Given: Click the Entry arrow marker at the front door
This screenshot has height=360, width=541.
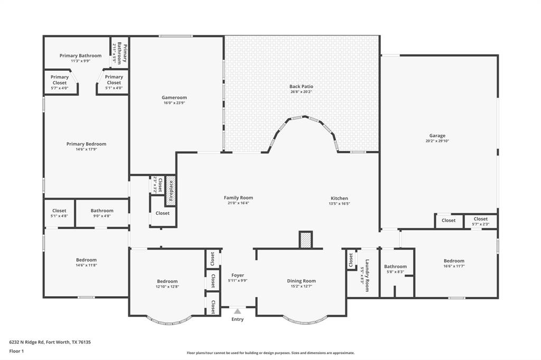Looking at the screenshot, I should click(237, 311).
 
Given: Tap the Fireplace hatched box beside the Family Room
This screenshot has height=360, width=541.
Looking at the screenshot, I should click(171, 191).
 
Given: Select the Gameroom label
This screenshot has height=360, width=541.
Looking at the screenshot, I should click(174, 98).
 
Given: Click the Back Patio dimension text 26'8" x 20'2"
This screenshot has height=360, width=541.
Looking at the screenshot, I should click(301, 92).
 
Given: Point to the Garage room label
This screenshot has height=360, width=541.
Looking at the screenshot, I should click(437, 136).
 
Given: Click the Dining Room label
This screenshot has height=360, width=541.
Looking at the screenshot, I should click(301, 281).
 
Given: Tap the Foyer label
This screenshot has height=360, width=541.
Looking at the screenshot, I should click(238, 275).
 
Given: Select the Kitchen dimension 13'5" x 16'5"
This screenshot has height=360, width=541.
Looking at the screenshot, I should click(339, 203).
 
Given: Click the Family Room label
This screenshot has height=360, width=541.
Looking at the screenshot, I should click(238, 198).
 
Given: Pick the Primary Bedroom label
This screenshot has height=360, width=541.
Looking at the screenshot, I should click(86, 144).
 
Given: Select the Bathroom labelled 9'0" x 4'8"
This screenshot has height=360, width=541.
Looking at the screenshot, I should click(102, 211).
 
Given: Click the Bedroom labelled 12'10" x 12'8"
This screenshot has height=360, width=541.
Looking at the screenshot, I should click(167, 281).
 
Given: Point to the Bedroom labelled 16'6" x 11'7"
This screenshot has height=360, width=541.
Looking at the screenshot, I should click(454, 261).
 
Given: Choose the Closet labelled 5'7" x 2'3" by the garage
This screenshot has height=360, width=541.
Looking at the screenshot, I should click(480, 219).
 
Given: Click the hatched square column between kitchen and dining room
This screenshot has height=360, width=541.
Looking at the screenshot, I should click(305, 240).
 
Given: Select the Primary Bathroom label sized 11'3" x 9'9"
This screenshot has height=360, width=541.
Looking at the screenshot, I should click(80, 55).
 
